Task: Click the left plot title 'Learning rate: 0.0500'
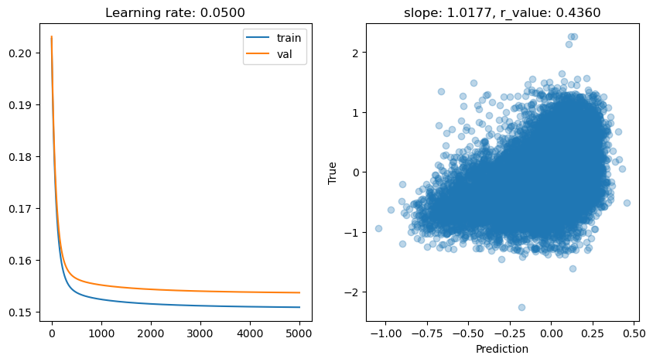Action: tap(176, 12)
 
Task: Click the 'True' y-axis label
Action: tap(333, 172)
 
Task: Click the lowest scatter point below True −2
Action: tap(521, 307)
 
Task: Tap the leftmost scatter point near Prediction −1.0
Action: tap(378, 228)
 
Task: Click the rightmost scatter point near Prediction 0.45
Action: tap(627, 203)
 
